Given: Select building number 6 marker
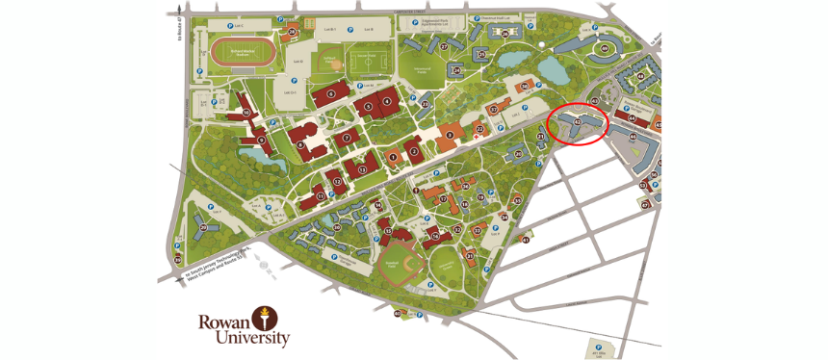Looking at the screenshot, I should [330, 93].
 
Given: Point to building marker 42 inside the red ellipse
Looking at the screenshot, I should [577, 122].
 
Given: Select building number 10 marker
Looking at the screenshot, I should [246, 113].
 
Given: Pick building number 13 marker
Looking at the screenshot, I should [362, 168].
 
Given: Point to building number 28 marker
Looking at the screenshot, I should [292, 31].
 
